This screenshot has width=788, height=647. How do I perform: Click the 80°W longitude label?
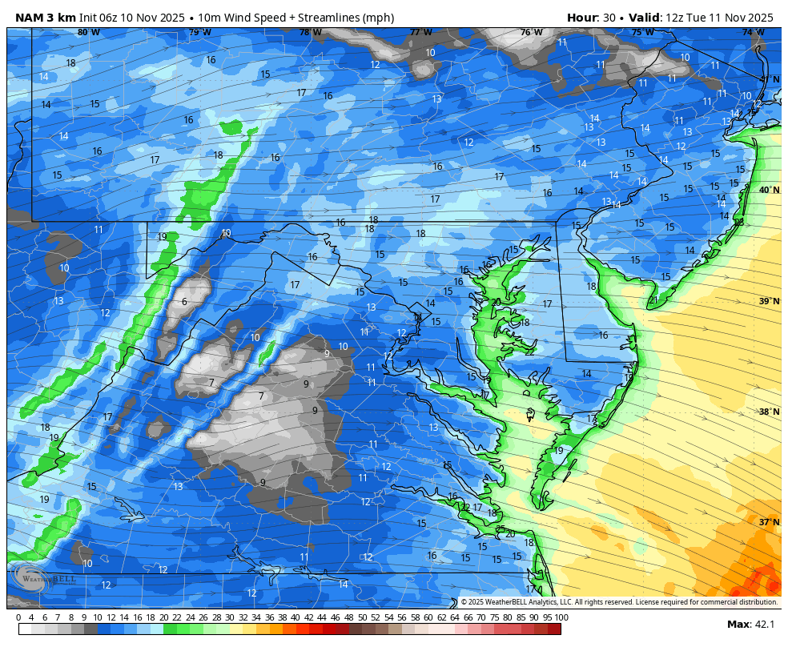point(89,33)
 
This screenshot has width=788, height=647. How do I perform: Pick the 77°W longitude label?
point(420,33)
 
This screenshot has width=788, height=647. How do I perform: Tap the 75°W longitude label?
point(641,33)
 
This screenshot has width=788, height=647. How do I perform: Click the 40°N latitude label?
point(769,191)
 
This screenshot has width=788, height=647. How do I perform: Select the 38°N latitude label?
point(769,412)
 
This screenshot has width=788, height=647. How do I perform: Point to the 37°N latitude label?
point(769,522)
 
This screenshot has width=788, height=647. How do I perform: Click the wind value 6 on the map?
point(184,302)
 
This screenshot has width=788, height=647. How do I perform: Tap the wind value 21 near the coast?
point(653,300)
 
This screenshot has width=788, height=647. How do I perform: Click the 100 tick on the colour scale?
point(561,617)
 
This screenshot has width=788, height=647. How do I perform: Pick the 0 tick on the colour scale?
point(18,617)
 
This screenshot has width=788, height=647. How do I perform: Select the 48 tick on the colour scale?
point(348,617)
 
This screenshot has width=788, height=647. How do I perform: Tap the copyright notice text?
point(618,602)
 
